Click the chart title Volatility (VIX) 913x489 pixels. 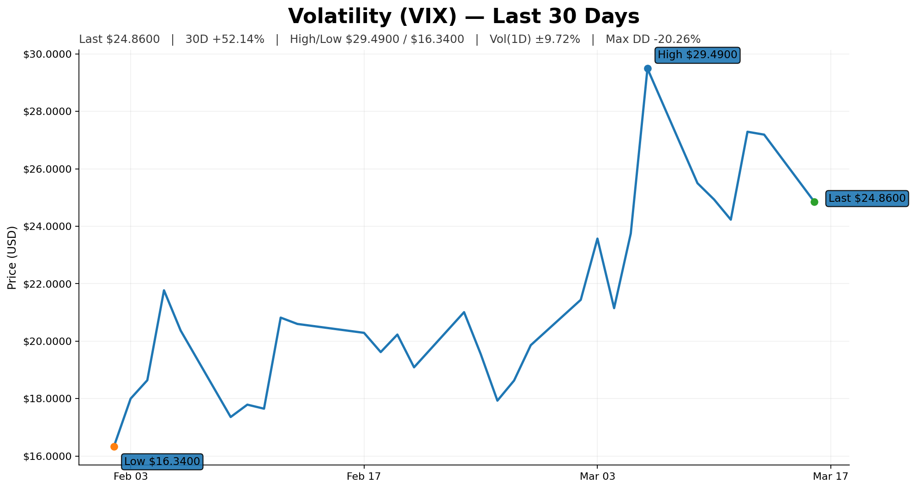click(x=463, y=17)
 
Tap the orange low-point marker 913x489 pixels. click(x=114, y=447)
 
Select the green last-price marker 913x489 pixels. click(x=814, y=202)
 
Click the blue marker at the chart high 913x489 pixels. click(x=648, y=68)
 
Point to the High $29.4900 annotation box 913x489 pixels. click(x=697, y=55)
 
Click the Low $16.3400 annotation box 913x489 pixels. click(x=162, y=461)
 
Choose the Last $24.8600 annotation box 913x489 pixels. click(x=867, y=199)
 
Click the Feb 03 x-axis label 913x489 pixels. click(x=131, y=477)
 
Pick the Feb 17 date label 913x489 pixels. click(x=364, y=477)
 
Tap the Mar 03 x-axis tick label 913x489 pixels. click(x=597, y=477)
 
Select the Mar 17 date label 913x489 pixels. click(x=830, y=477)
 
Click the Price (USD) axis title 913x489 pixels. click(x=12, y=258)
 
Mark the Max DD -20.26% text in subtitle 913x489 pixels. click(x=653, y=39)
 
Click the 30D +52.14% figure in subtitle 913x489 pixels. click(x=225, y=39)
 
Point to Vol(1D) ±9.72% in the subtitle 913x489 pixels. click(x=535, y=39)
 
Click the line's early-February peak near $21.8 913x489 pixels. click(x=164, y=290)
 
